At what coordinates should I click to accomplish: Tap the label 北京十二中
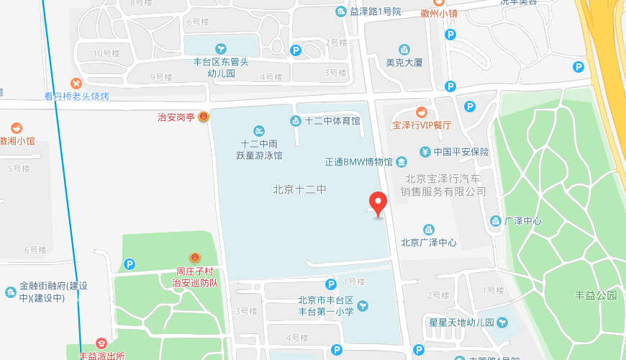[300, 190]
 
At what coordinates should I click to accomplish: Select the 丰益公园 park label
[596, 295]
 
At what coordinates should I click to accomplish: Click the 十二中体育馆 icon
[295, 121]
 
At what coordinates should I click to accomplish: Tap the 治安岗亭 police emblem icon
[204, 117]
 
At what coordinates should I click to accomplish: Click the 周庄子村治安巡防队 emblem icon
[194, 258]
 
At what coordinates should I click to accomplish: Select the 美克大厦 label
[404, 63]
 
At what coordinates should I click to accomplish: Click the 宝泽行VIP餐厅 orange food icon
[422, 112]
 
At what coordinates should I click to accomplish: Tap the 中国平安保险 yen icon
[425, 152]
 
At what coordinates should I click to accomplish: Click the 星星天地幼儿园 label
[461, 322]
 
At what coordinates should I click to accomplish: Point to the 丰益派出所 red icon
[101, 344]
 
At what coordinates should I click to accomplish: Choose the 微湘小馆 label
[17, 141]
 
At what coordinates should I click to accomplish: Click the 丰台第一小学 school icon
[363, 306]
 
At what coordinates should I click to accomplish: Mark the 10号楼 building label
[106, 53]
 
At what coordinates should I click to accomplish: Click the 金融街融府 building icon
[11, 292]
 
